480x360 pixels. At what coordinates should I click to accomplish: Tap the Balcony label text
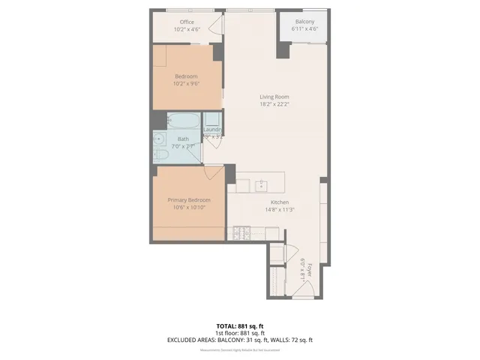click(x=304, y=22)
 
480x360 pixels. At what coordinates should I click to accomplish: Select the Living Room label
click(x=274, y=97)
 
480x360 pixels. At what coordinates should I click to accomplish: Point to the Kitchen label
click(x=279, y=202)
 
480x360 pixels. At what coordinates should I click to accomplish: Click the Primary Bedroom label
click(x=188, y=200)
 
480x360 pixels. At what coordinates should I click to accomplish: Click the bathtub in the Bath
click(x=183, y=121)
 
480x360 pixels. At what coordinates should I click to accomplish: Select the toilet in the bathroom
click(x=161, y=155)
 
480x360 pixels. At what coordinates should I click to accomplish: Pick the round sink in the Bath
click(x=160, y=138)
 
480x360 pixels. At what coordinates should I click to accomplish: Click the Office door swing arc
click(x=216, y=28)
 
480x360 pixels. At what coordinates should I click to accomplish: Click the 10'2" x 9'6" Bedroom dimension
click(x=186, y=84)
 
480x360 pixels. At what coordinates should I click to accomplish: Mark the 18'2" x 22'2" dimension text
click(x=274, y=104)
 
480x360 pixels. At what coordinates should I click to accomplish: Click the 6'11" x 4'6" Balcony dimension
click(x=304, y=29)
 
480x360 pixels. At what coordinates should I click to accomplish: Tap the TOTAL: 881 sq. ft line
click(x=240, y=325)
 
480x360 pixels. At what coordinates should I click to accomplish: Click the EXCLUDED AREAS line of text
click(x=240, y=340)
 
